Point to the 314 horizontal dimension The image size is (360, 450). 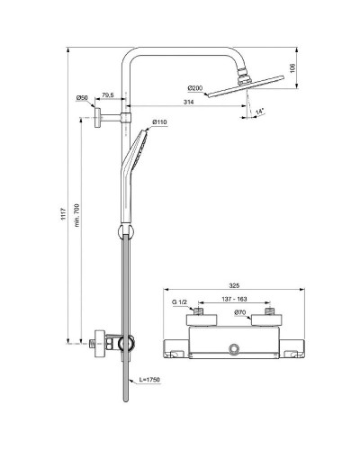pyautogui.click(x=185, y=103)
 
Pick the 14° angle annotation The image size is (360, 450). pyautogui.click(x=258, y=111)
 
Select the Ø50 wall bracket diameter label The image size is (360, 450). pyautogui.click(x=81, y=97)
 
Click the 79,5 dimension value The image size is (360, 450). pyautogui.click(x=107, y=95)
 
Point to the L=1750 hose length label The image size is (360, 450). pyautogui.click(x=149, y=382)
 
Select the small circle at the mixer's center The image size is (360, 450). pyautogui.click(x=234, y=347)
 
